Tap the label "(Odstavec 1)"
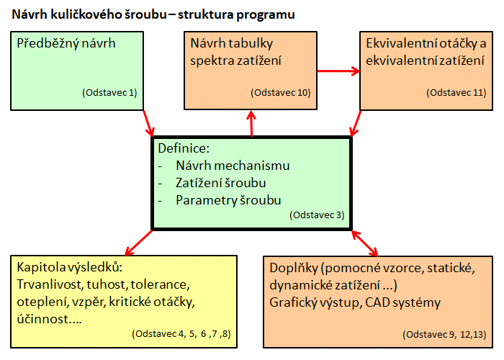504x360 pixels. (109, 93)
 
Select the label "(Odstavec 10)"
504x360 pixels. (281, 93)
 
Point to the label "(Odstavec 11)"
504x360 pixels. (456, 93)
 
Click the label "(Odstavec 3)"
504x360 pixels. (317, 215)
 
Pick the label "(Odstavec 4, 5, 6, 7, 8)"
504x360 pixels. (181, 333)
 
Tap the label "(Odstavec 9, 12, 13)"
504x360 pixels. (444, 334)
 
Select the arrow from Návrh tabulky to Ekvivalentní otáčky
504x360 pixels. (338, 71)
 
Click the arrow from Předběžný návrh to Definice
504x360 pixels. (148, 123)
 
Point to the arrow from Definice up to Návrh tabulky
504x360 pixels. (251, 123)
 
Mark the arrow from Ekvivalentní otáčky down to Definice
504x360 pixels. (356, 123)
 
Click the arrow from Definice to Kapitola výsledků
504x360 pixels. (138, 243)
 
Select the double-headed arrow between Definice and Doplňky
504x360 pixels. (365, 243)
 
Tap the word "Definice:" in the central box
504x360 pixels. (184, 148)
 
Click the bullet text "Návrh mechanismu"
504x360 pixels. (233, 166)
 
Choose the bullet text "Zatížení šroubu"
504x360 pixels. (221, 183)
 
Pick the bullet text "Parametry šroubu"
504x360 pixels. (228, 200)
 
